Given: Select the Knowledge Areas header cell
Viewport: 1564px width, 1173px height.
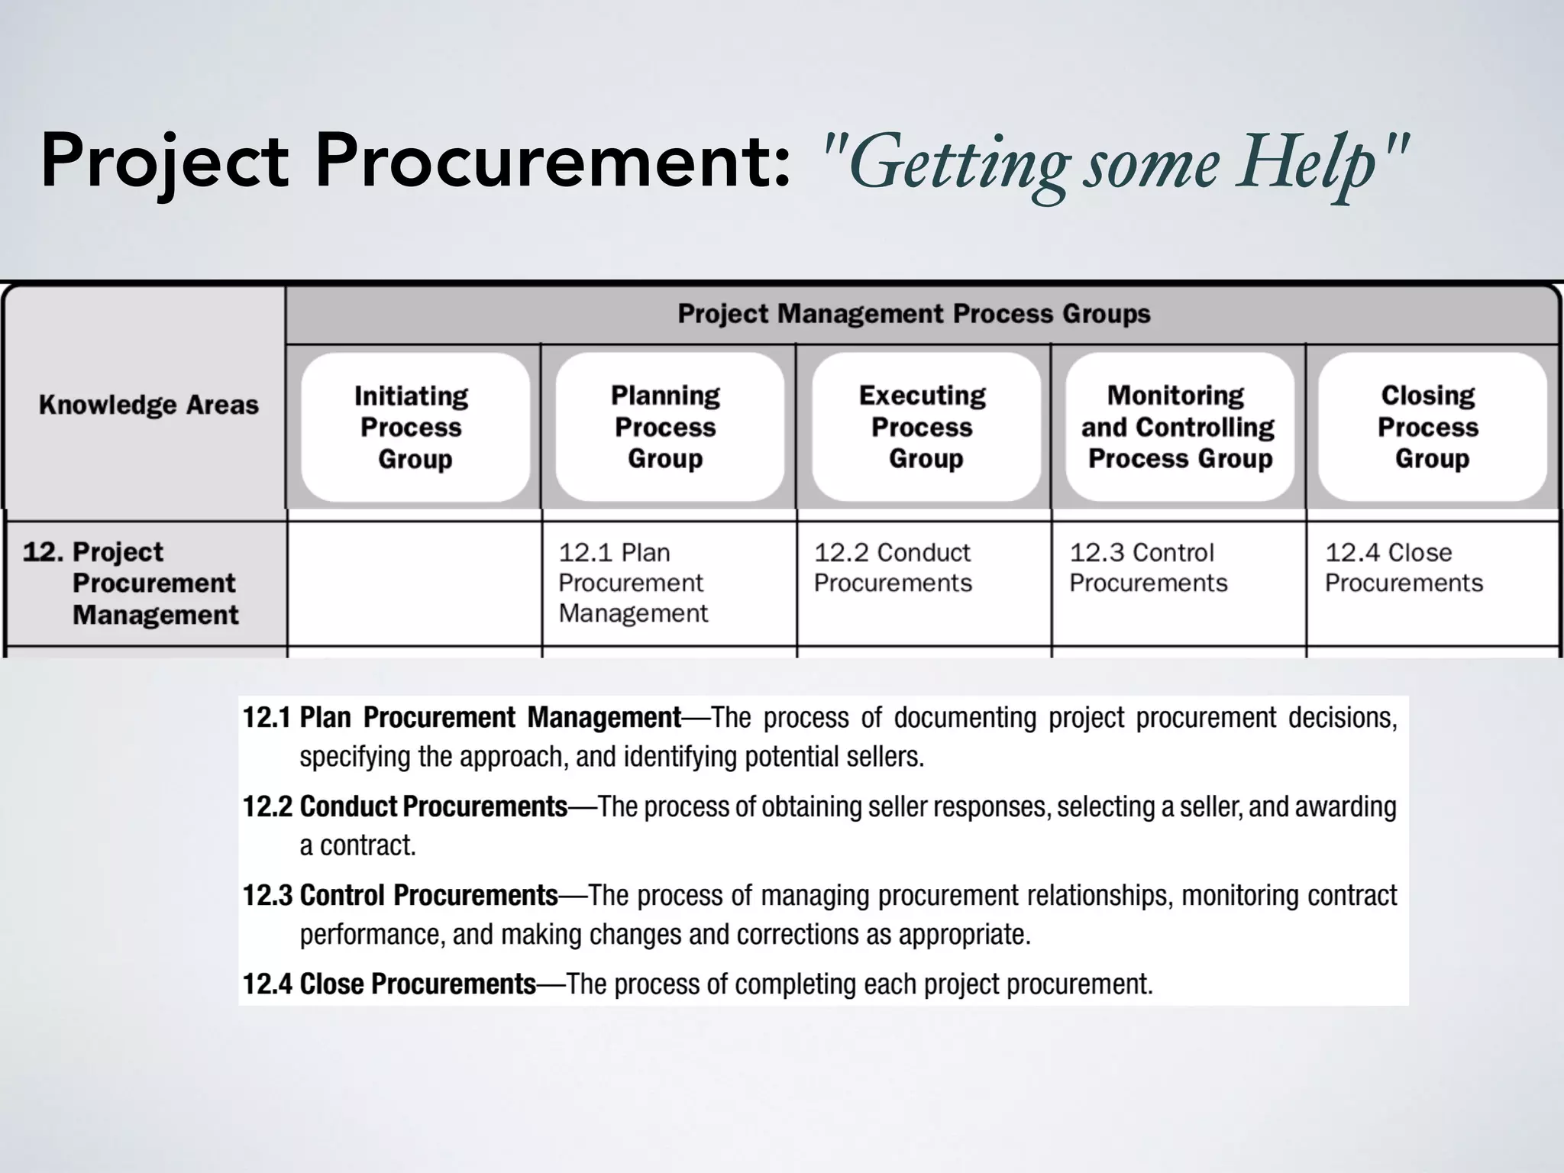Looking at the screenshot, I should coord(148,405).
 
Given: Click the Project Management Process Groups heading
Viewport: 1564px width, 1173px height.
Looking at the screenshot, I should coord(913,314).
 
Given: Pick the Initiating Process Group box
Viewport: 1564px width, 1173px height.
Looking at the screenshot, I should coord(413,427).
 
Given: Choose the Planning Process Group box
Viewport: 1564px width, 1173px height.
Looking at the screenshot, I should coord(666,427).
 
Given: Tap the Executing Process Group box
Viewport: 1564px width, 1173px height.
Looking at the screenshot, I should coord(923,427).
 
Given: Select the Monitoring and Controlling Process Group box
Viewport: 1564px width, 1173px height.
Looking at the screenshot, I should coord(1178,427).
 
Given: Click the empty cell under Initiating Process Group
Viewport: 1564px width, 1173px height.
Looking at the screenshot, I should coord(414,583).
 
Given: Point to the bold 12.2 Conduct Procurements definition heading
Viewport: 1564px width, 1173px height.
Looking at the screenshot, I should coord(405,806).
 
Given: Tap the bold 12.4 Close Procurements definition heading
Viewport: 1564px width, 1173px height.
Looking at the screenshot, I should coord(389,984).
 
